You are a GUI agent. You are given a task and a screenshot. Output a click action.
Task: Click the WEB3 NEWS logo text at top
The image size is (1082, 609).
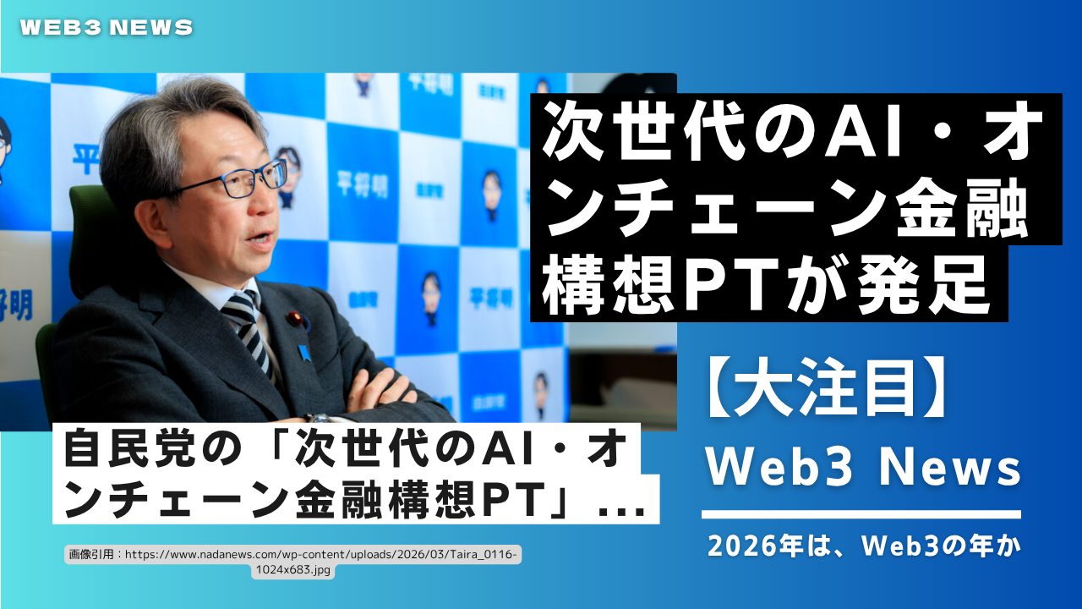coord(107,28)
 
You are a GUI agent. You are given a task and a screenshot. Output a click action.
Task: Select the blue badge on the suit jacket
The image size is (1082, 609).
coord(303,353)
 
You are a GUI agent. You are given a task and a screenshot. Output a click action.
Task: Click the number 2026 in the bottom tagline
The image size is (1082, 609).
coord(742,546)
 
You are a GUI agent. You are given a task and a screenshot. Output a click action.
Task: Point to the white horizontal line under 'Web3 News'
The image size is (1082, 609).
coord(861,514)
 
